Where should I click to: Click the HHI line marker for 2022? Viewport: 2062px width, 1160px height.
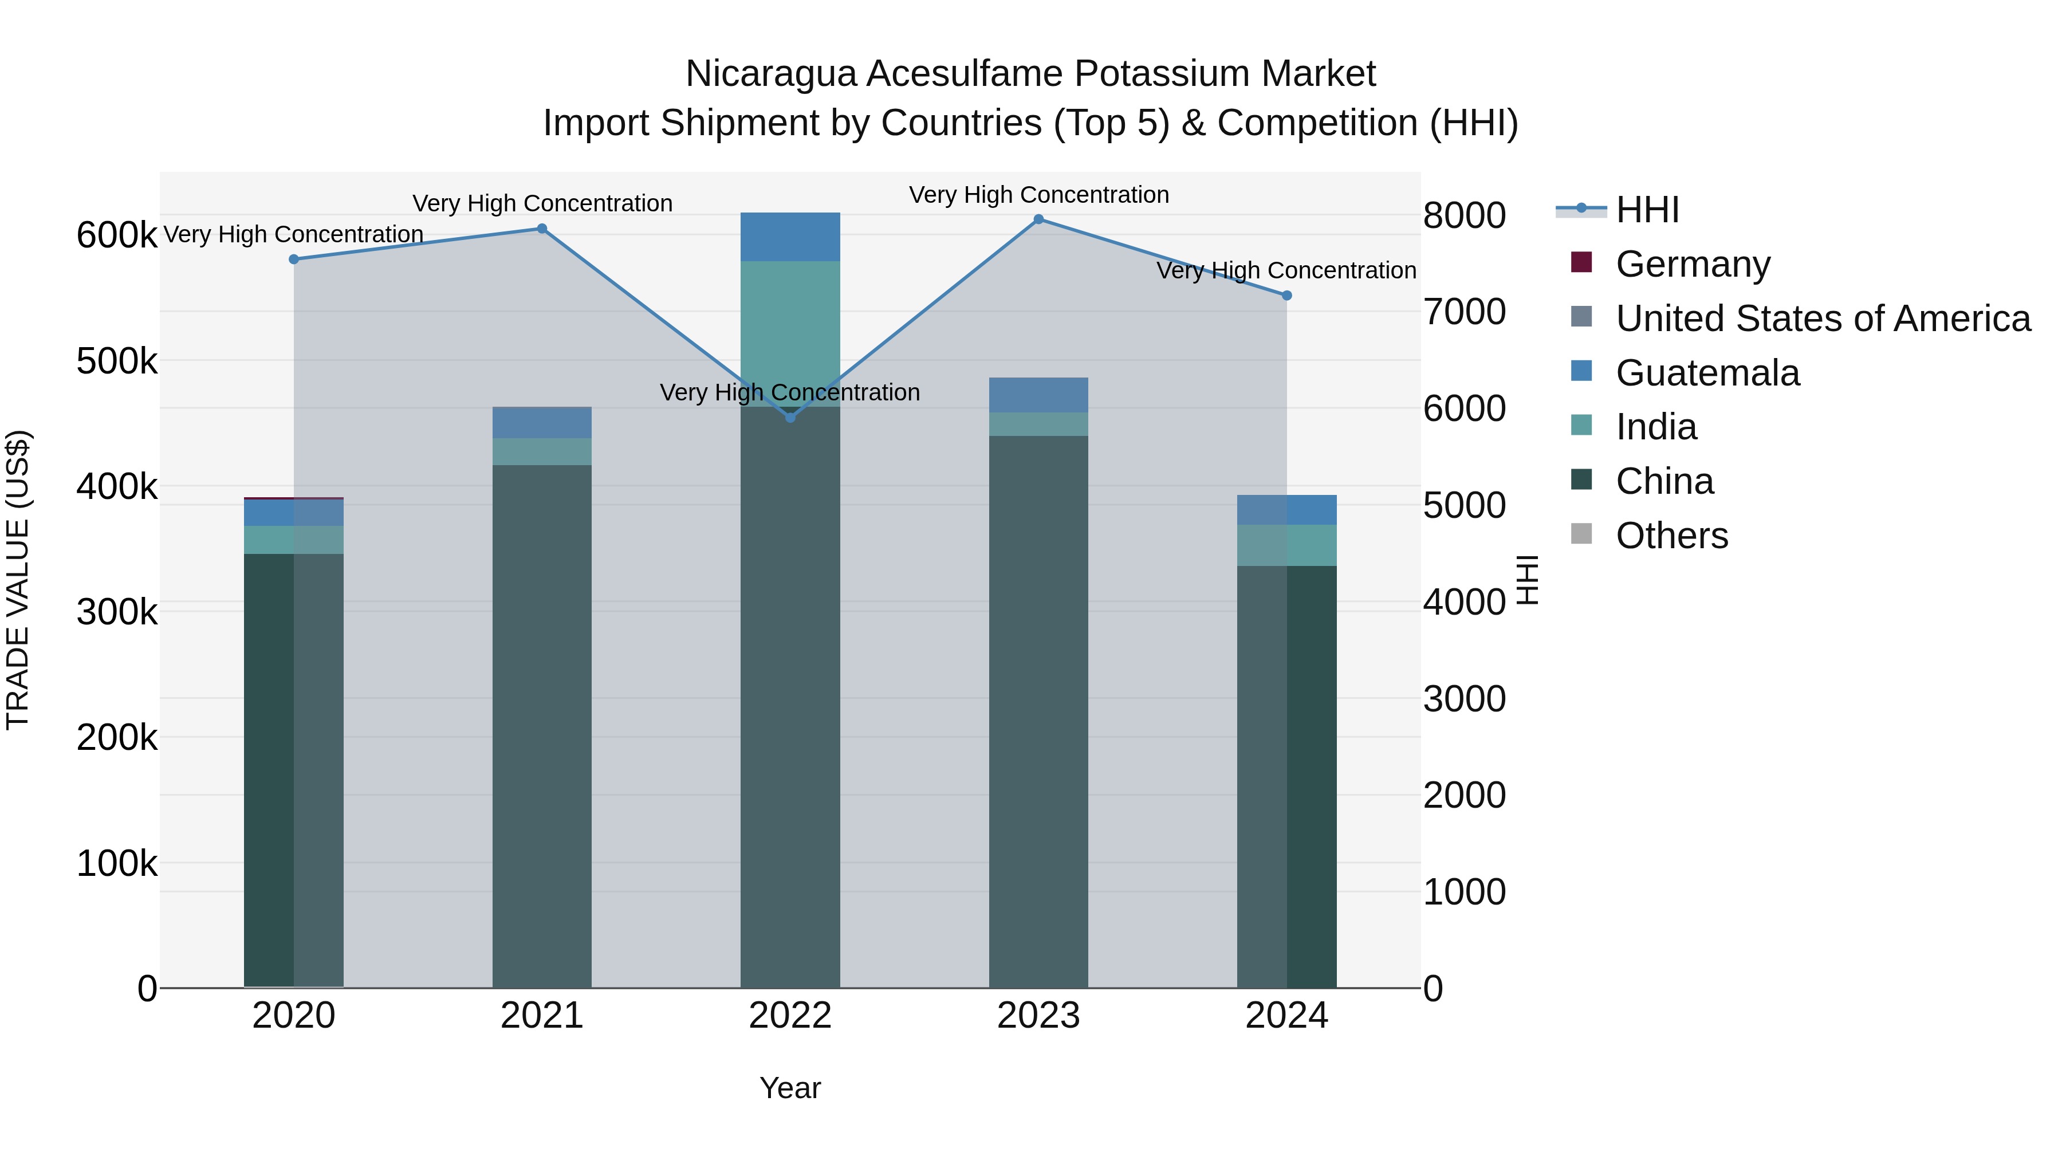pyautogui.click(x=790, y=417)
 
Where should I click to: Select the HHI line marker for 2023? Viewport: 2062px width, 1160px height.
pyautogui.click(x=1038, y=219)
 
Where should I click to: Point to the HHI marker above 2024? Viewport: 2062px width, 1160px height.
pyautogui.click(x=1286, y=296)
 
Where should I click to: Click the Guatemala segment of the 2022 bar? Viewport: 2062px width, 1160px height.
pyautogui.click(x=790, y=237)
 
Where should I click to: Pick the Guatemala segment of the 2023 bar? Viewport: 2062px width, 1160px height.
pyautogui.click(x=1038, y=395)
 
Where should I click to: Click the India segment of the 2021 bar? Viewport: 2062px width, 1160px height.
pyautogui.click(x=542, y=451)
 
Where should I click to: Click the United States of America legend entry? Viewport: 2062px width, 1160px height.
pyautogui.click(x=1823, y=318)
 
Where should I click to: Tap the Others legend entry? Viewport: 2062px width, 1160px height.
pyautogui.click(x=1671, y=536)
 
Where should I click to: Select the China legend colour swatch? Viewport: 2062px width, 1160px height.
pyautogui.click(x=1581, y=481)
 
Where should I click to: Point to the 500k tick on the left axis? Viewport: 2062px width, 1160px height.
pyautogui.click(x=117, y=361)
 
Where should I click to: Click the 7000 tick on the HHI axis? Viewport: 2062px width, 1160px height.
pyautogui.click(x=1464, y=312)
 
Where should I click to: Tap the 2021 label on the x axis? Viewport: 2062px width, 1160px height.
pyautogui.click(x=542, y=1016)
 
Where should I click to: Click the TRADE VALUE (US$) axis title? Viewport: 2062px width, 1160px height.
pyautogui.click(x=18, y=580)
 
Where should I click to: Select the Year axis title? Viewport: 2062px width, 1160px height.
pyautogui.click(x=790, y=1088)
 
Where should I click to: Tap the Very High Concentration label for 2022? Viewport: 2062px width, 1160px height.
pyautogui.click(x=790, y=392)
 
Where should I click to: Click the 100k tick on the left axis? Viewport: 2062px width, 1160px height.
pyautogui.click(x=117, y=864)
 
